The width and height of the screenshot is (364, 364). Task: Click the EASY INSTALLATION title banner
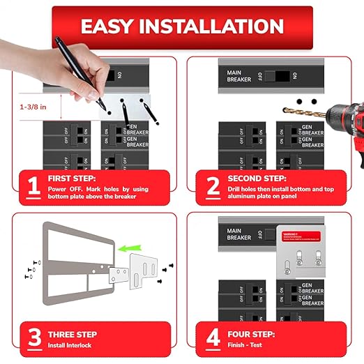[x=182, y=27]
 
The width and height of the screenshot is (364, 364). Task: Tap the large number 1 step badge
[x=31, y=188]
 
